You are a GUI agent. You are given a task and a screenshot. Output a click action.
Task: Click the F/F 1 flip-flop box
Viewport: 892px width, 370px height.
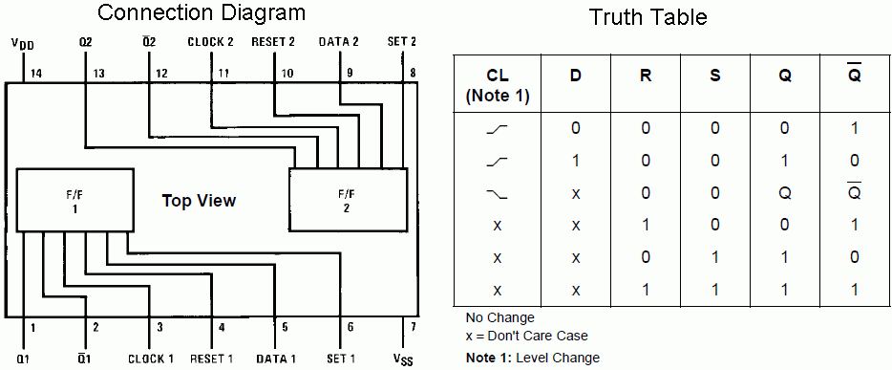pos(75,200)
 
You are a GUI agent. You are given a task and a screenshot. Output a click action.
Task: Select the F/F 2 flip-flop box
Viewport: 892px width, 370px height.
pos(349,200)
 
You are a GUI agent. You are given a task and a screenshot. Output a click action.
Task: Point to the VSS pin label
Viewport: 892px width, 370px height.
pos(402,359)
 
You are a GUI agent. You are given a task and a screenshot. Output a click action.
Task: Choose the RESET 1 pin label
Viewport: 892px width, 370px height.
pos(212,359)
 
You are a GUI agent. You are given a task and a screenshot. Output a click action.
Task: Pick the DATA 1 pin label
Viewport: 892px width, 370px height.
pos(276,359)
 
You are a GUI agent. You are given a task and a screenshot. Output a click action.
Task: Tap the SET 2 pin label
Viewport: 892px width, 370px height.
pos(402,41)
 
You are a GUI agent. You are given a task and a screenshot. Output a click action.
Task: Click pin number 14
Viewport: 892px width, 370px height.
pos(37,73)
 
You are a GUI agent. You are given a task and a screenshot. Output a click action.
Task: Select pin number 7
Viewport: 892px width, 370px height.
pos(414,327)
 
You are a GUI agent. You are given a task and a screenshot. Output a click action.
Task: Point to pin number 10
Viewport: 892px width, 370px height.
pos(288,73)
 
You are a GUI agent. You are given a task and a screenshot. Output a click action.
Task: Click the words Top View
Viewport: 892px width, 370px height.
pos(199,201)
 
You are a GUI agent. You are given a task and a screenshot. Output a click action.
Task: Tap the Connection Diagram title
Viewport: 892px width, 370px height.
pos(202,12)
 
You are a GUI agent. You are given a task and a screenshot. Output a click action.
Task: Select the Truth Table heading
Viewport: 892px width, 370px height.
pos(648,17)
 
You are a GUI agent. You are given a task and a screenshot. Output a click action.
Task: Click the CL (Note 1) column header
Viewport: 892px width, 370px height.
pos(498,86)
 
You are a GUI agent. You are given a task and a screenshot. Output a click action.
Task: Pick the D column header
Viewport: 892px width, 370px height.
pos(576,76)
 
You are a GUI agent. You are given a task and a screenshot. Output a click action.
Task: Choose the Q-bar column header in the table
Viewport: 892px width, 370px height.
pos(854,73)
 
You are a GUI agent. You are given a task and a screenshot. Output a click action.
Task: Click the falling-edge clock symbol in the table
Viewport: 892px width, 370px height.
pos(498,194)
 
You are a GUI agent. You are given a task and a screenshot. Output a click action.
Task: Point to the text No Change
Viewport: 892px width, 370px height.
pos(500,317)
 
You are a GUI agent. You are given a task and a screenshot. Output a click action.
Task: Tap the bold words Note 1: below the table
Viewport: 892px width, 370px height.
pos(483,358)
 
